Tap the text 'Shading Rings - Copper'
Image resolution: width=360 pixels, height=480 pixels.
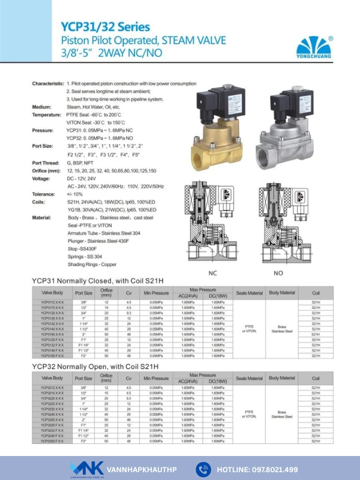(91, 264)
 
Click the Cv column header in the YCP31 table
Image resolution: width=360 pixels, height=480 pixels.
(128, 293)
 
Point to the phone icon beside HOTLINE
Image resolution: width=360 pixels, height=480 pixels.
(202, 469)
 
